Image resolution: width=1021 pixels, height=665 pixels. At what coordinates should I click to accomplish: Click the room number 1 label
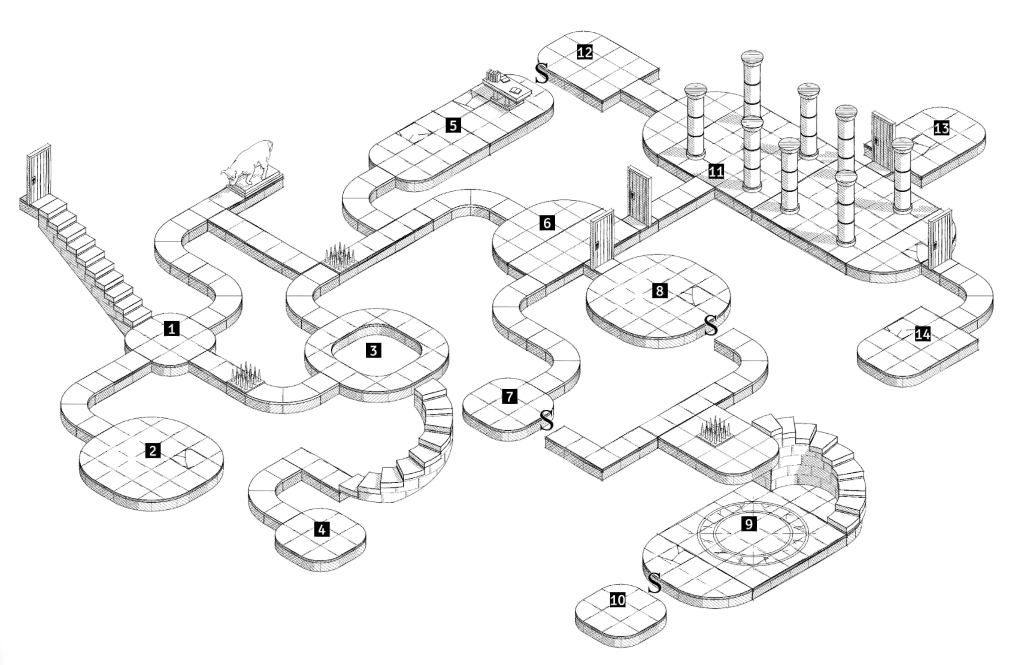point(172,328)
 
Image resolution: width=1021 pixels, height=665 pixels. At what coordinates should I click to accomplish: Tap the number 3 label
point(374,350)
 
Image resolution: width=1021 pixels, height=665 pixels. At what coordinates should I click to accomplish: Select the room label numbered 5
point(453,125)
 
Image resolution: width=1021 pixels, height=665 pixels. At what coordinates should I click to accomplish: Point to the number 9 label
point(749,524)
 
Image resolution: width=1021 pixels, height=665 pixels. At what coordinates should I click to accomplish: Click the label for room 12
point(584,52)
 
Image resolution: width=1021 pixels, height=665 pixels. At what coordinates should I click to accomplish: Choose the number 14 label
point(923,334)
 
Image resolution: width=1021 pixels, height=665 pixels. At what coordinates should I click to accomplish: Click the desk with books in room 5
point(506,88)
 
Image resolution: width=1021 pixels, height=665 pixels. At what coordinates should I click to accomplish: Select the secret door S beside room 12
point(541,73)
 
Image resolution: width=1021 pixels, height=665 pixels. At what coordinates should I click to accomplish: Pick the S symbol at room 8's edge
point(710,326)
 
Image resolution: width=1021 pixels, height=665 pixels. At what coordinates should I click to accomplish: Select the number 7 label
point(510,396)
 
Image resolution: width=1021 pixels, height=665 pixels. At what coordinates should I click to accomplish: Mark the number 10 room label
point(618,599)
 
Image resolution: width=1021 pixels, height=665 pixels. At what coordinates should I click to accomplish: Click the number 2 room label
point(153,451)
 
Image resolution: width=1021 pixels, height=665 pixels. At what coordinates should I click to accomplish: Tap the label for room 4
point(322,529)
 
